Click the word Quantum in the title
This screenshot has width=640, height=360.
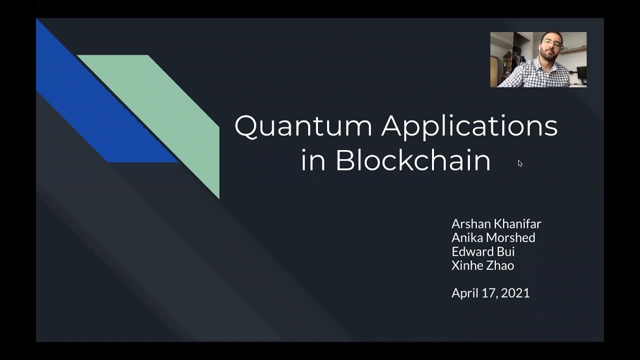(x=303, y=126)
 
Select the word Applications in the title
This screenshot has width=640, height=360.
(x=469, y=127)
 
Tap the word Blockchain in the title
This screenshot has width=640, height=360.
(x=412, y=160)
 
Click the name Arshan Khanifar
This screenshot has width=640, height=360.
(x=496, y=223)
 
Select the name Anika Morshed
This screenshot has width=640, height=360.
(x=493, y=237)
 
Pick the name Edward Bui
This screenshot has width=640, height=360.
(x=483, y=251)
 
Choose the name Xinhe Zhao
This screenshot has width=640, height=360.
(x=482, y=265)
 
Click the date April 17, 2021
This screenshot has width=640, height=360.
(x=490, y=293)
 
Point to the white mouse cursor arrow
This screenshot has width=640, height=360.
(x=520, y=163)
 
